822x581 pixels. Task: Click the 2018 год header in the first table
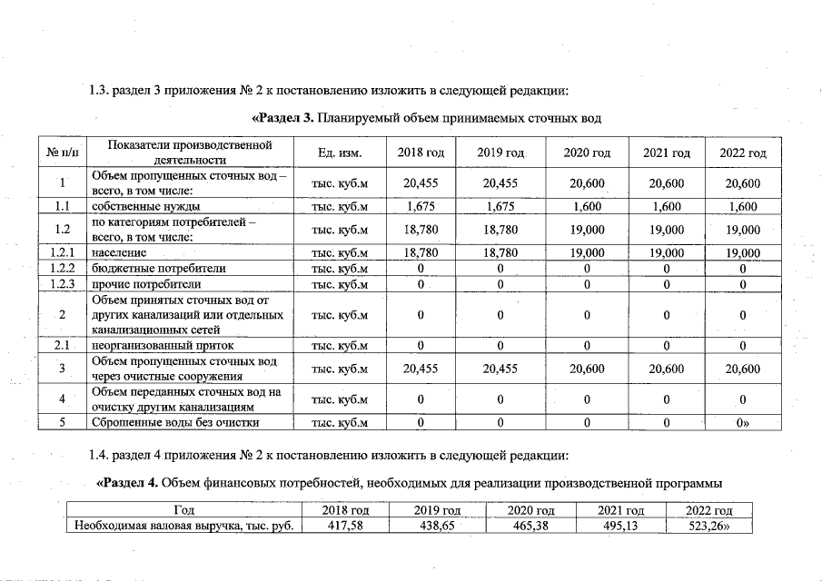421,153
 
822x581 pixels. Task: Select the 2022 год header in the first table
743,153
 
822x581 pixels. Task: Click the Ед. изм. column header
340,153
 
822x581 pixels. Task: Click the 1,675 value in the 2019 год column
501,207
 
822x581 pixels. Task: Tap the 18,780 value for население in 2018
421,253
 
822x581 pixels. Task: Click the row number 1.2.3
63,284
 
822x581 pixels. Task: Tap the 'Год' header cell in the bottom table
184,510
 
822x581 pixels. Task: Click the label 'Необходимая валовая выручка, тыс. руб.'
184,525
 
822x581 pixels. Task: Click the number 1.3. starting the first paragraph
98,90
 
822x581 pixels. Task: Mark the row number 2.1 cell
63,346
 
